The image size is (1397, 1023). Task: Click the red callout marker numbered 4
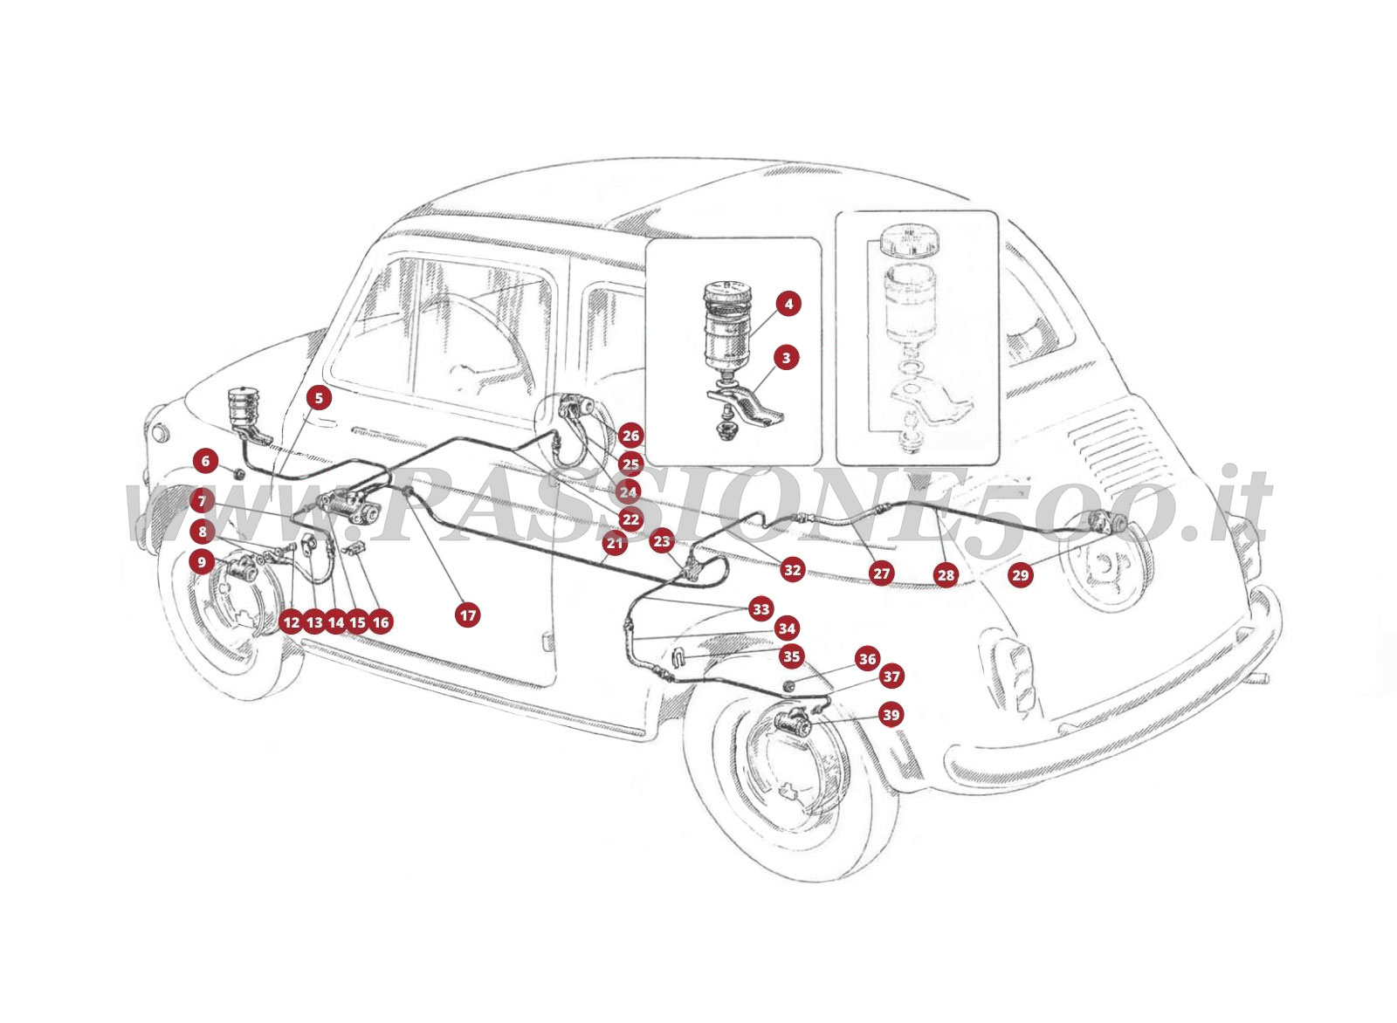(x=788, y=304)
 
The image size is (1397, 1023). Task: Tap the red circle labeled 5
(x=319, y=398)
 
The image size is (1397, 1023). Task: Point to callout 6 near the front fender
(x=205, y=459)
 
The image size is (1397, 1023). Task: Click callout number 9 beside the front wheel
(x=202, y=562)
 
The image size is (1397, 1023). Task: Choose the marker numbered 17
(x=468, y=615)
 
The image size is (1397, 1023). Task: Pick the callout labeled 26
(x=630, y=436)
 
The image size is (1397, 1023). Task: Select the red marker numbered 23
(x=662, y=542)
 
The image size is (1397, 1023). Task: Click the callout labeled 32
(x=792, y=570)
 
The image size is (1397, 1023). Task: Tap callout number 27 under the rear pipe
(x=881, y=573)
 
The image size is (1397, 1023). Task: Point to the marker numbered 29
(x=1020, y=574)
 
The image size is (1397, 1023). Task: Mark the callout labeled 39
(x=890, y=715)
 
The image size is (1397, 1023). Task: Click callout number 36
(x=866, y=659)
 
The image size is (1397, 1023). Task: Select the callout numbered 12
(x=291, y=622)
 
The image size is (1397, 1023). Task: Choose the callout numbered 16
(x=380, y=622)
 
